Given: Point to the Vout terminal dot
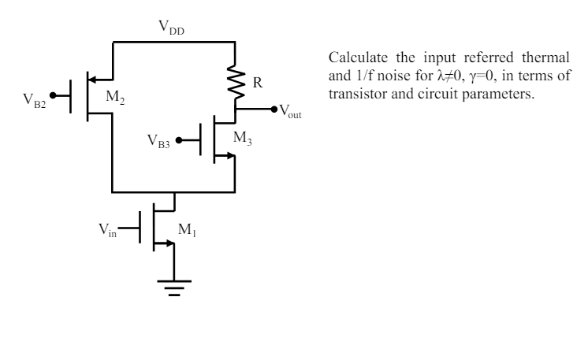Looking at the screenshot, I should [x=274, y=109].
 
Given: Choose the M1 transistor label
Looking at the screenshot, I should [x=187, y=229].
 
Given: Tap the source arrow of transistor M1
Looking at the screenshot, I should [x=167, y=244].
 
